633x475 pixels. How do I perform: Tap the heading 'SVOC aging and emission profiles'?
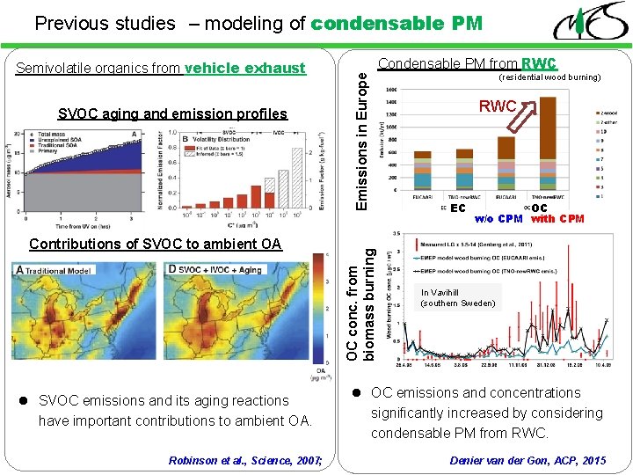pyautogui.click(x=172, y=113)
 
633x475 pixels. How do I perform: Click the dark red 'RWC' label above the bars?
pyautogui.click(x=497, y=106)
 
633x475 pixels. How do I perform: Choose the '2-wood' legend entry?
pyautogui.click(x=607, y=114)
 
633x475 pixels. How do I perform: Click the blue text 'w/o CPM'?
pyautogui.click(x=498, y=219)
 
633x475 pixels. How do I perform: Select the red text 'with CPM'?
pyautogui.click(x=557, y=219)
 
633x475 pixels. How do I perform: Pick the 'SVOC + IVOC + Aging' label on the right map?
pyautogui.click(x=215, y=269)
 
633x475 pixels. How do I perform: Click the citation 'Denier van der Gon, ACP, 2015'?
pyautogui.click(x=527, y=460)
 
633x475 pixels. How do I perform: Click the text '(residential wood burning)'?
pyautogui.click(x=549, y=77)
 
